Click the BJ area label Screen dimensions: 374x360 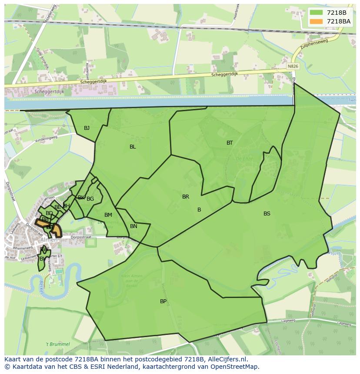tap(87, 128)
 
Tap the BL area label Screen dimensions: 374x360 tap(133, 147)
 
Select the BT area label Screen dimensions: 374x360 tap(230, 143)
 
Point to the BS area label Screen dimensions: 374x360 tap(267, 213)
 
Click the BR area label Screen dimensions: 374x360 tap(186, 197)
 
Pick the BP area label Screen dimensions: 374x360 tap(163, 301)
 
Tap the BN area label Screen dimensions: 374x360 tap(133, 226)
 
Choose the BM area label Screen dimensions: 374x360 tap(108, 215)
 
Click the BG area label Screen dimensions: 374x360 tap(90, 199)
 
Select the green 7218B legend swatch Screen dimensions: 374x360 tap(317, 13)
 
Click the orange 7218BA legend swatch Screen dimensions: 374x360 tap(317, 21)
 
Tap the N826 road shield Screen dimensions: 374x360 tap(293, 66)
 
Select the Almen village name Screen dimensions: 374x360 tap(49, 240)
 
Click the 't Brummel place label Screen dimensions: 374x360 tap(57, 344)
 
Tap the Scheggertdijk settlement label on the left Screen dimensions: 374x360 tap(39, 92)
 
